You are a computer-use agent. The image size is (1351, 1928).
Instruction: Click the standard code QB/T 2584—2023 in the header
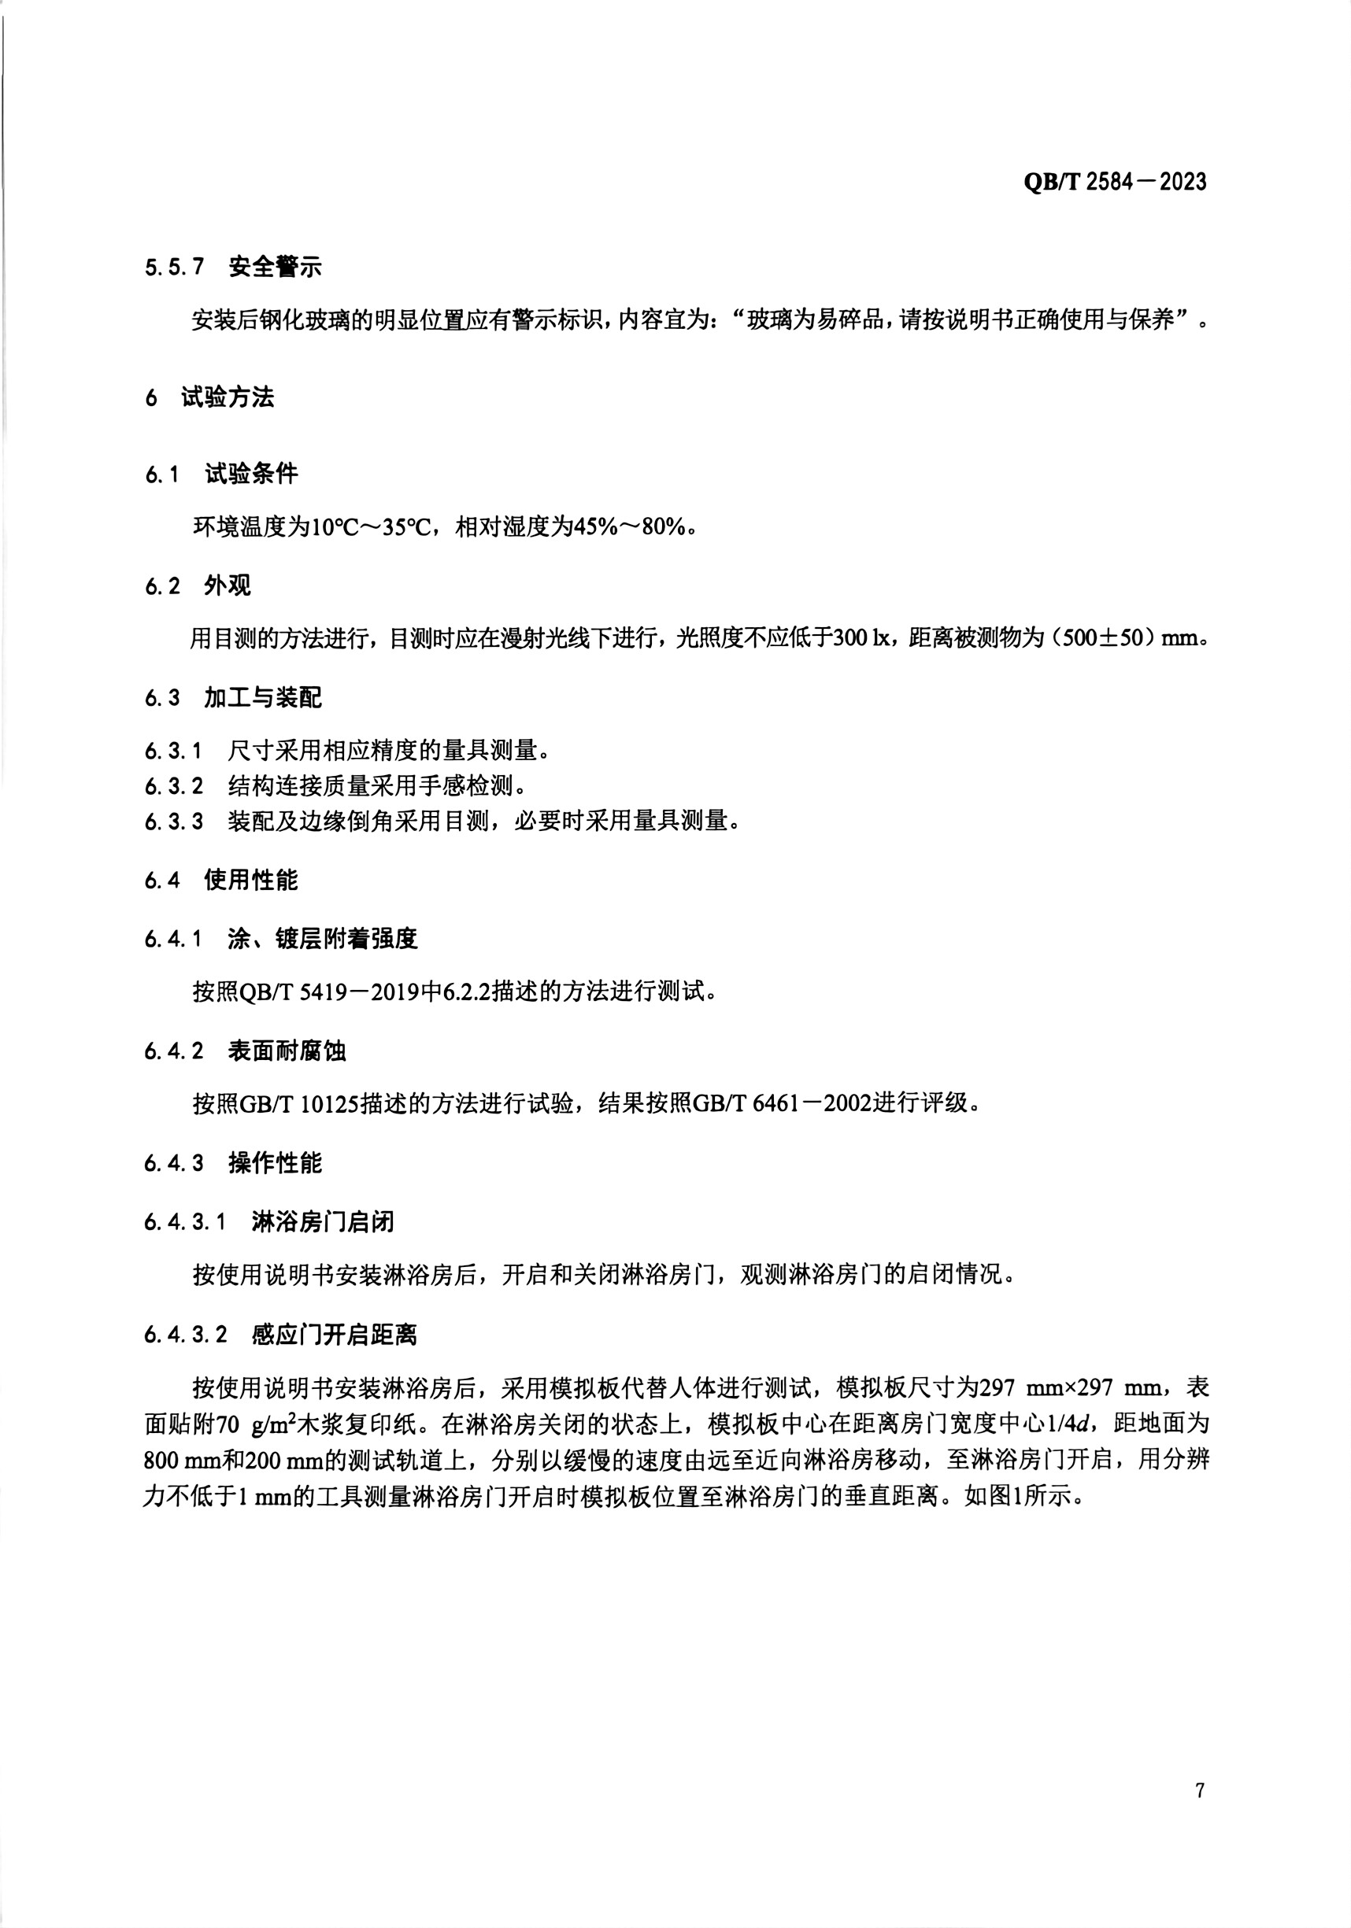[1114, 181]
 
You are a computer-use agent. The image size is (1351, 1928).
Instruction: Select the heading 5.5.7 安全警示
[233, 267]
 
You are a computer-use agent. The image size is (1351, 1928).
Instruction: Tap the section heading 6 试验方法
[209, 397]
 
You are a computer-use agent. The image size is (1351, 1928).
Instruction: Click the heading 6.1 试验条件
[221, 474]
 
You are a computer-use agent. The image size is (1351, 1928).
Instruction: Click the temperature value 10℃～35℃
[371, 527]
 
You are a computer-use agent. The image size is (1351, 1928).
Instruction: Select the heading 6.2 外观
[198, 585]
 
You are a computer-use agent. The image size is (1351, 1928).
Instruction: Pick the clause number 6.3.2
[173, 786]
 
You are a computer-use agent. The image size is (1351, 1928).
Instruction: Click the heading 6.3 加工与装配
[233, 698]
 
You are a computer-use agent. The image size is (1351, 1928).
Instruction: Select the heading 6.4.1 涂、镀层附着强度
[280, 939]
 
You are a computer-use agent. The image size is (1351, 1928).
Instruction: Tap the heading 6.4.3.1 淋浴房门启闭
[268, 1222]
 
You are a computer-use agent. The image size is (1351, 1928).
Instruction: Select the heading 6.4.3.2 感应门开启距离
[280, 1335]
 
